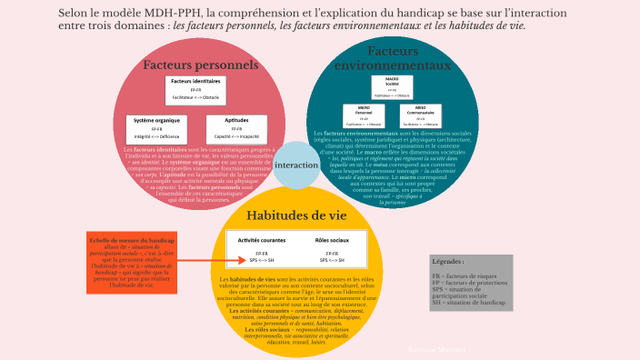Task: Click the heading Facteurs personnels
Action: pos(200,65)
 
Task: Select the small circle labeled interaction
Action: pos(296,165)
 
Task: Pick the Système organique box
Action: pos(156,128)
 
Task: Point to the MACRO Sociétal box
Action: pos(392,87)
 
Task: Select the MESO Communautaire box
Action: pos(419,116)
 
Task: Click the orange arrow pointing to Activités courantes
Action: pos(202,261)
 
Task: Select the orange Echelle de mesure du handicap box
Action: pos(132,262)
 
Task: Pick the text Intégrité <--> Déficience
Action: pos(156,136)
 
